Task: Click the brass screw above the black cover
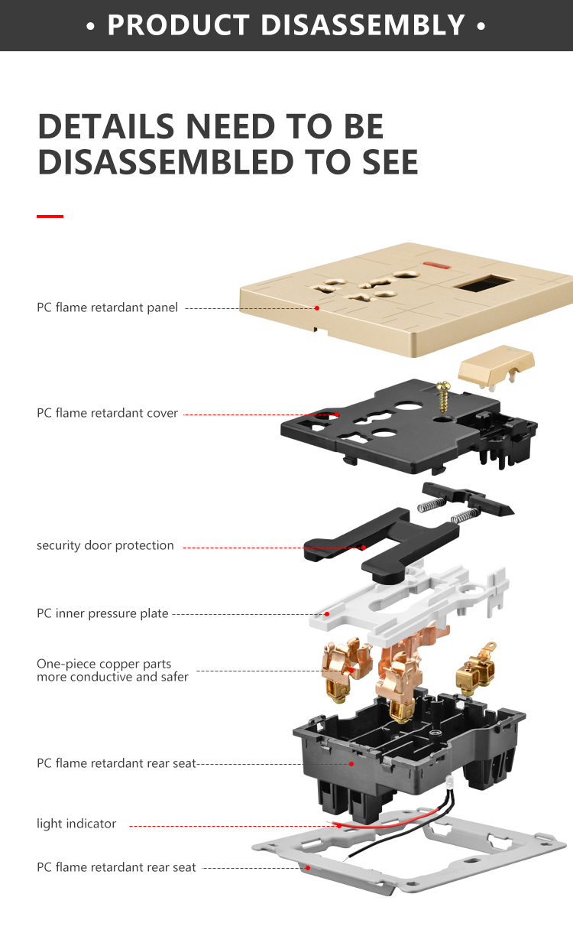[x=444, y=396]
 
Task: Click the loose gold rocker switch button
[x=496, y=366]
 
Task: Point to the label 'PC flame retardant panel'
[x=108, y=307]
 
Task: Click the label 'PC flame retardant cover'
[x=108, y=413]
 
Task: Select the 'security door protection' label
[x=105, y=545]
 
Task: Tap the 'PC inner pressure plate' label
[x=102, y=613]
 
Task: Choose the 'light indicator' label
[x=76, y=824]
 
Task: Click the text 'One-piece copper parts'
[x=104, y=664]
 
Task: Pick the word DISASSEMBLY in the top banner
[x=363, y=25]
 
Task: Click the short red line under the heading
[x=50, y=216]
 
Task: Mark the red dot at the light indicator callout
[x=339, y=825]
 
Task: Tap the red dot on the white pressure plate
[x=327, y=614]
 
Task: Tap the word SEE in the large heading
[x=390, y=162]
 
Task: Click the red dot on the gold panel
[x=317, y=308]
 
